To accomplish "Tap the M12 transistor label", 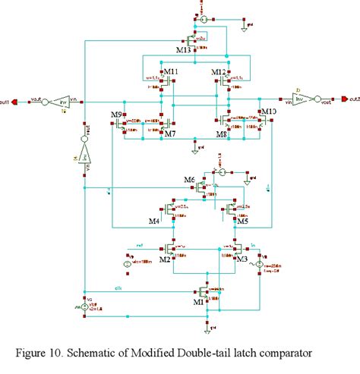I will click(x=219, y=72).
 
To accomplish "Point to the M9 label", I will click(x=116, y=115).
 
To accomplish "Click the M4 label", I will click(x=154, y=222).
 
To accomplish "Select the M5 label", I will click(x=242, y=222).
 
